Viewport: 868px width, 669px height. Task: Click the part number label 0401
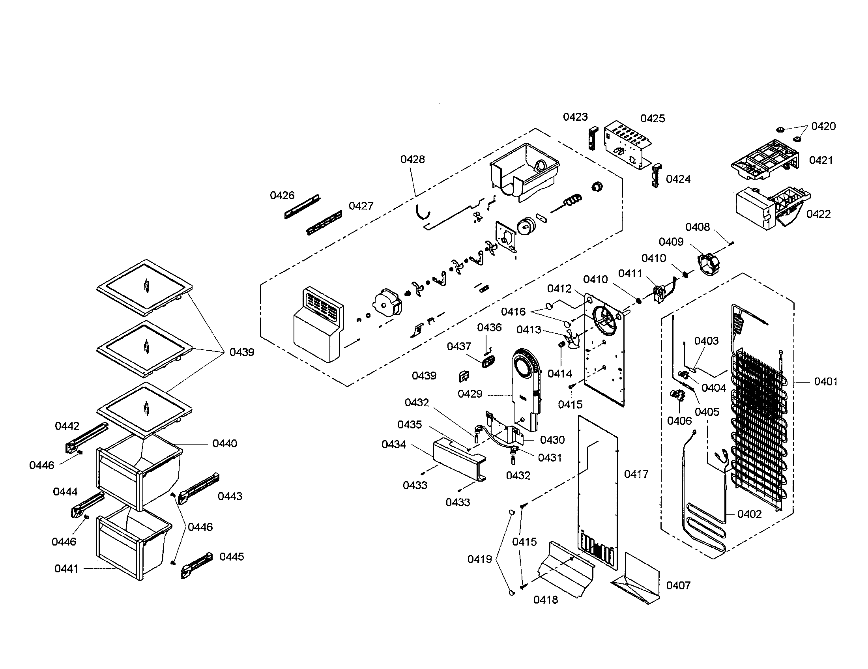pyautogui.click(x=825, y=382)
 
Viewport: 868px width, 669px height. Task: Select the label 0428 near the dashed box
pyautogui.click(x=412, y=160)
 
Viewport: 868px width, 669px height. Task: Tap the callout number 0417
pyautogui.click(x=636, y=474)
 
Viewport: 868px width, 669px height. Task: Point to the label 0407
pyautogui.click(x=678, y=585)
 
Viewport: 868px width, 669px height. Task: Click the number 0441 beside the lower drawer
pyautogui.click(x=66, y=569)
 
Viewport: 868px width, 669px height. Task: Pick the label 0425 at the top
pyautogui.click(x=652, y=118)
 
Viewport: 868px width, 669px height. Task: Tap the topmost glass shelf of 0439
pyautogui.click(x=145, y=287)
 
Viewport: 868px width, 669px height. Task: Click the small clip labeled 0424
pyautogui.click(x=656, y=175)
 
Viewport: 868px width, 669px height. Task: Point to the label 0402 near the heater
pyautogui.click(x=749, y=514)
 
